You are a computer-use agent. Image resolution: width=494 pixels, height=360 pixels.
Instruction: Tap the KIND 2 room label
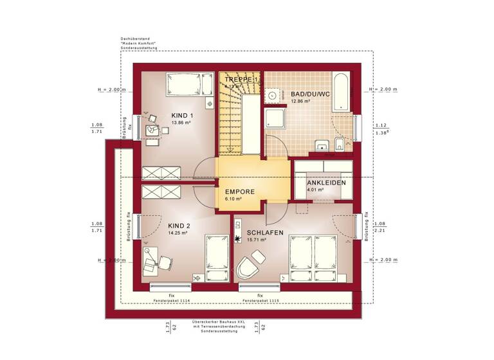179,226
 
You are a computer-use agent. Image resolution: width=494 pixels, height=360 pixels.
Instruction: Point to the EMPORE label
239,192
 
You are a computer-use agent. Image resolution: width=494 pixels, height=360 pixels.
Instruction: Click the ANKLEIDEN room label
326,183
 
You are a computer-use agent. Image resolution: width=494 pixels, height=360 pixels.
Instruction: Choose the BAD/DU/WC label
310,94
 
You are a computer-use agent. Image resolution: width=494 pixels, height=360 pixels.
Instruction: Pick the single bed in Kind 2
215,256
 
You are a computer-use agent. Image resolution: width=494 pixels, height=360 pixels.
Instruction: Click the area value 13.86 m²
178,122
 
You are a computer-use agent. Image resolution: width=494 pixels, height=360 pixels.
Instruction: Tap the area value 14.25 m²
178,233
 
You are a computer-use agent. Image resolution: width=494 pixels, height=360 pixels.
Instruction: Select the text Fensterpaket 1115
260,300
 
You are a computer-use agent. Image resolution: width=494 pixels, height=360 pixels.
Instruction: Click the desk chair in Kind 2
165,262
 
